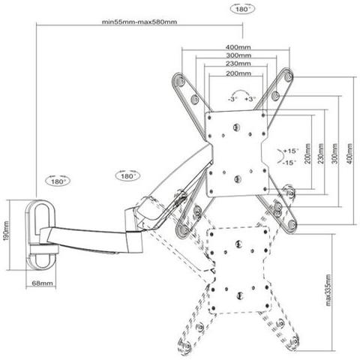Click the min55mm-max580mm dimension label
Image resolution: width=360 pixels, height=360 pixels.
pos(139,22)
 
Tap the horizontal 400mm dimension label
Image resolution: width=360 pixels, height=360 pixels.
pos(238,47)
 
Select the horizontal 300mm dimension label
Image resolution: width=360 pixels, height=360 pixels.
pos(238,55)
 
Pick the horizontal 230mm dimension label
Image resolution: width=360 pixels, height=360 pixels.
pos(238,64)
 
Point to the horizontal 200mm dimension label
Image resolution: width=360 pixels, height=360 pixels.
pos(238,73)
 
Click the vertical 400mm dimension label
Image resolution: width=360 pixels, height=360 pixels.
pos(349,154)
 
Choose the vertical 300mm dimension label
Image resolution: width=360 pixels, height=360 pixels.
pos(335,154)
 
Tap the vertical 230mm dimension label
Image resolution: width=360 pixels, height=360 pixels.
pos(321,154)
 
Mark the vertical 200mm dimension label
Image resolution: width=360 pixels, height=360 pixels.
pos(307,154)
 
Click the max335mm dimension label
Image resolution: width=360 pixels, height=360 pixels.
pos(328,290)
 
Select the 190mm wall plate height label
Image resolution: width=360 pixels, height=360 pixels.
pos(7,230)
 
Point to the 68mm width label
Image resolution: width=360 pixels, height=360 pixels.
pos(42,283)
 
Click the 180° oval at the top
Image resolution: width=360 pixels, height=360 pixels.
pos(242,10)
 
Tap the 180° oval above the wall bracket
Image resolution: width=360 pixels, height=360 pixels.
pos(58,181)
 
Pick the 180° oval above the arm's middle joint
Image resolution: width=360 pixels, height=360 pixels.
pos(127,176)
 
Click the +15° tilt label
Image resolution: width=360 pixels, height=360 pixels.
pos(291,151)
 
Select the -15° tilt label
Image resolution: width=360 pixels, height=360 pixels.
pos(289,163)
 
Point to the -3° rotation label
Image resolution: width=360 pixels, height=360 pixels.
pos(232,99)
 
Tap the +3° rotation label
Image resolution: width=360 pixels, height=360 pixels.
pos(250,99)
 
